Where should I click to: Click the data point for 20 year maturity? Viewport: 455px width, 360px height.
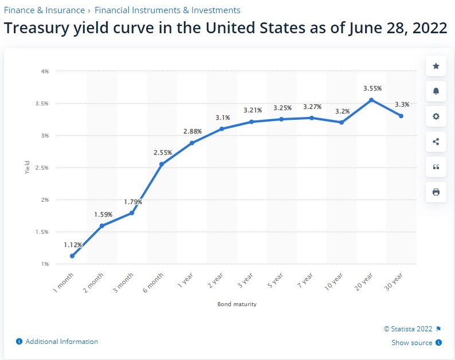tap(371, 100)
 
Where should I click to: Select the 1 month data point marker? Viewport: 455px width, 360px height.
tap(72, 256)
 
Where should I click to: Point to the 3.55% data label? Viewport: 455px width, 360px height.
tap(372, 88)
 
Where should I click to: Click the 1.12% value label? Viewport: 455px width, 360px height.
tap(73, 245)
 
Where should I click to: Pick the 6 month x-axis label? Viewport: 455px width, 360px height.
tap(155, 281)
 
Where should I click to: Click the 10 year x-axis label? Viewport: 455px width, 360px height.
tap(334, 280)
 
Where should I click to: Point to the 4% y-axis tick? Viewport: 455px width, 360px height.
tap(45, 71)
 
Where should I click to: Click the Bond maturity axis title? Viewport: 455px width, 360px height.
tap(237, 304)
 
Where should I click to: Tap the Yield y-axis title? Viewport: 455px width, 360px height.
tap(28, 167)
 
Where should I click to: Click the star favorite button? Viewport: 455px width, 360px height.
tap(436, 66)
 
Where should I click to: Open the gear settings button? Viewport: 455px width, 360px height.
tap(436, 116)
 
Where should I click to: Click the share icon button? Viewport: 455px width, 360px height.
tap(436, 142)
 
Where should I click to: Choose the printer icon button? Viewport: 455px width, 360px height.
tap(436, 192)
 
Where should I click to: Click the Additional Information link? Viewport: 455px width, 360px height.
tap(61, 342)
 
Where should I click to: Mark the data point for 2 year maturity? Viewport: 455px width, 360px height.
tap(222, 128)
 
